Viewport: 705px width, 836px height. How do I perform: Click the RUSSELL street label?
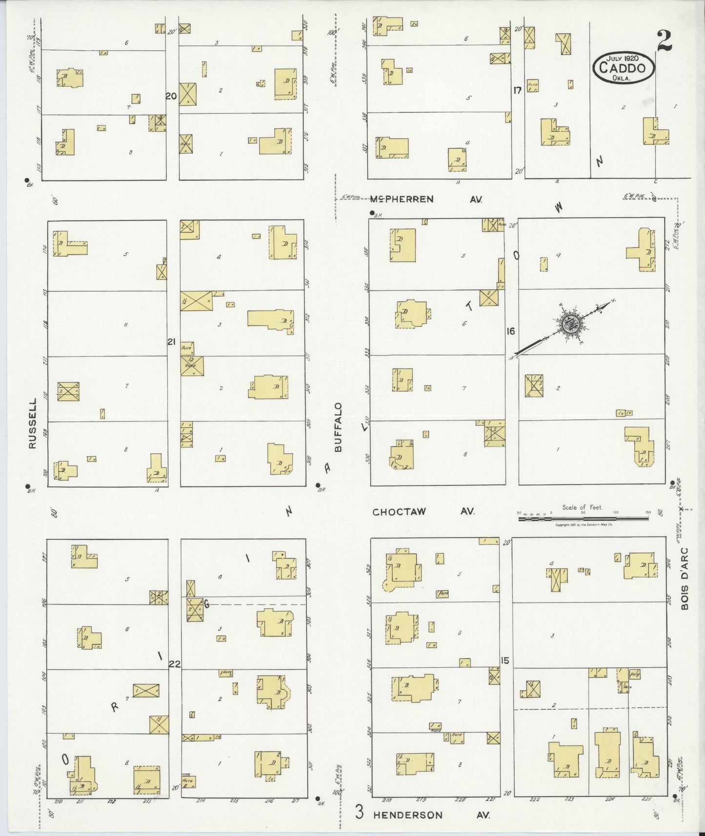[33, 423]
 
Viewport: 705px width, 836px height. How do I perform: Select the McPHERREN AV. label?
[425, 199]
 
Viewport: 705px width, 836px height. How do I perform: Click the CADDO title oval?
[624, 68]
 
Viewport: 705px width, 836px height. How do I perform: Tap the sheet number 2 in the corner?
[664, 40]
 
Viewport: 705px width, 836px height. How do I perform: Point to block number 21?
[171, 342]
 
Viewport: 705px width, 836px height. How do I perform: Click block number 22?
[174, 663]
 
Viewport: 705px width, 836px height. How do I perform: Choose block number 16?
[510, 331]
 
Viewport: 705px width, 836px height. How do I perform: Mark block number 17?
[517, 90]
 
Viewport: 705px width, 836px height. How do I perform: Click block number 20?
[171, 97]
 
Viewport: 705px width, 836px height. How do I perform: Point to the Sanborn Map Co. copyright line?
[584, 525]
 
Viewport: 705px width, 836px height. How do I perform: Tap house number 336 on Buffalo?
[367, 252]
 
